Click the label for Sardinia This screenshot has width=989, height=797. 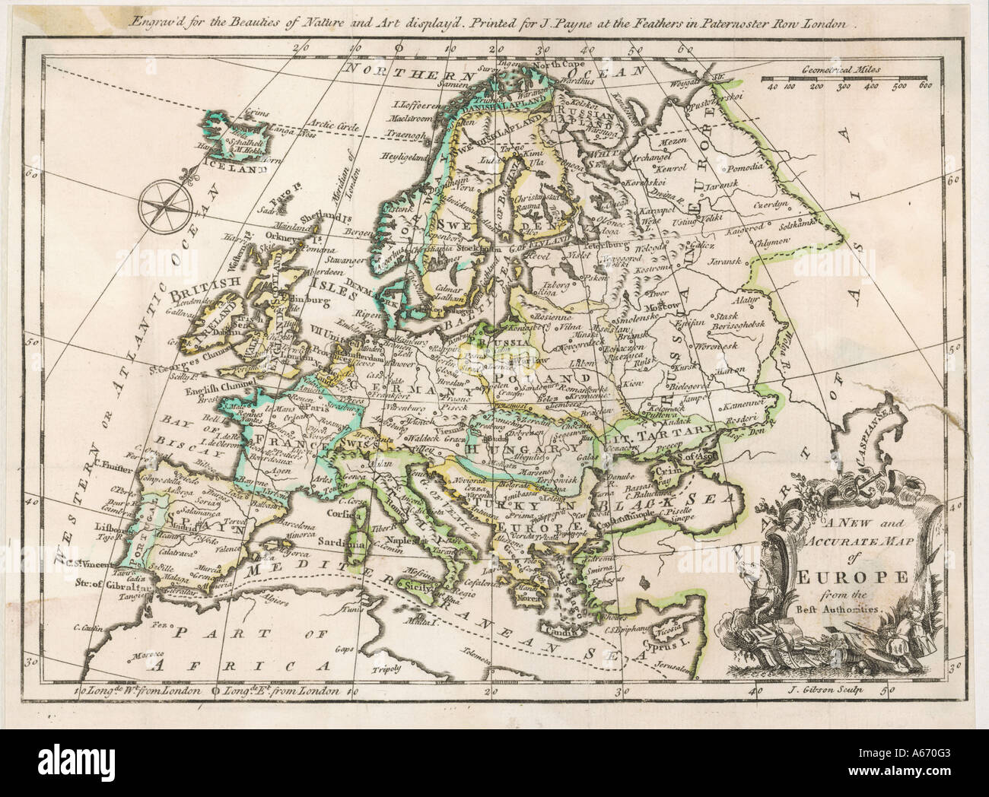(x=345, y=544)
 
